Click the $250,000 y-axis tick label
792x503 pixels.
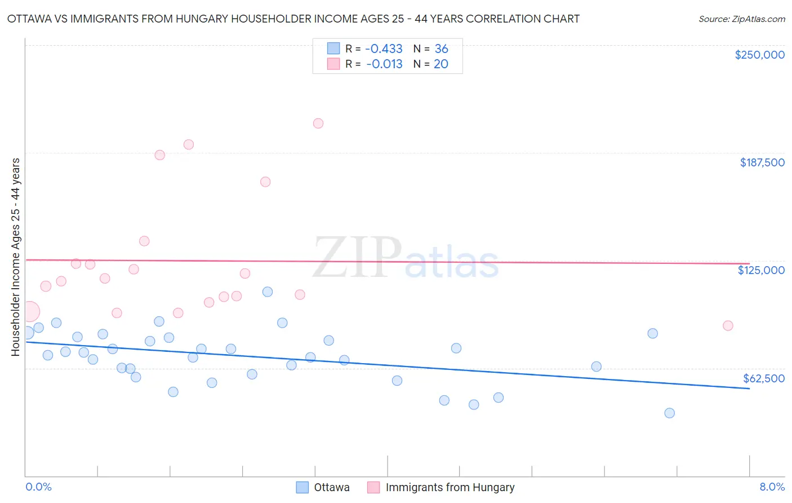(x=759, y=55)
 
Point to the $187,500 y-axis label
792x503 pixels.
(x=762, y=162)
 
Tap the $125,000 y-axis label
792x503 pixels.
(x=761, y=270)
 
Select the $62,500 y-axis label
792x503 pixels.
(x=763, y=378)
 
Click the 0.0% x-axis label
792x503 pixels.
(x=38, y=487)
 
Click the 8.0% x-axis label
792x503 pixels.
(x=772, y=487)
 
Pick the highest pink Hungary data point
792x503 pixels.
(x=318, y=123)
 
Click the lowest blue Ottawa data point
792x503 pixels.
(x=669, y=413)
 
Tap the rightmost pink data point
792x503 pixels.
(x=728, y=325)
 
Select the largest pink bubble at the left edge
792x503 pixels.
(x=29, y=311)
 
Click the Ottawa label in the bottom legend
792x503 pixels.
(x=331, y=487)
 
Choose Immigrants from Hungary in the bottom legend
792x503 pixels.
(x=450, y=487)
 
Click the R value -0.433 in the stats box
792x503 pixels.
(x=384, y=49)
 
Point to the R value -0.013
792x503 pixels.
(x=384, y=64)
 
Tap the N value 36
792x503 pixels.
(x=441, y=49)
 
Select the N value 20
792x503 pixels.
(x=441, y=64)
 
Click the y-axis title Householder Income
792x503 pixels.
(x=15, y=257)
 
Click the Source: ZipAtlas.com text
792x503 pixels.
(x=741, y=19)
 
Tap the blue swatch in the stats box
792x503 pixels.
(x=333, y=48)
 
